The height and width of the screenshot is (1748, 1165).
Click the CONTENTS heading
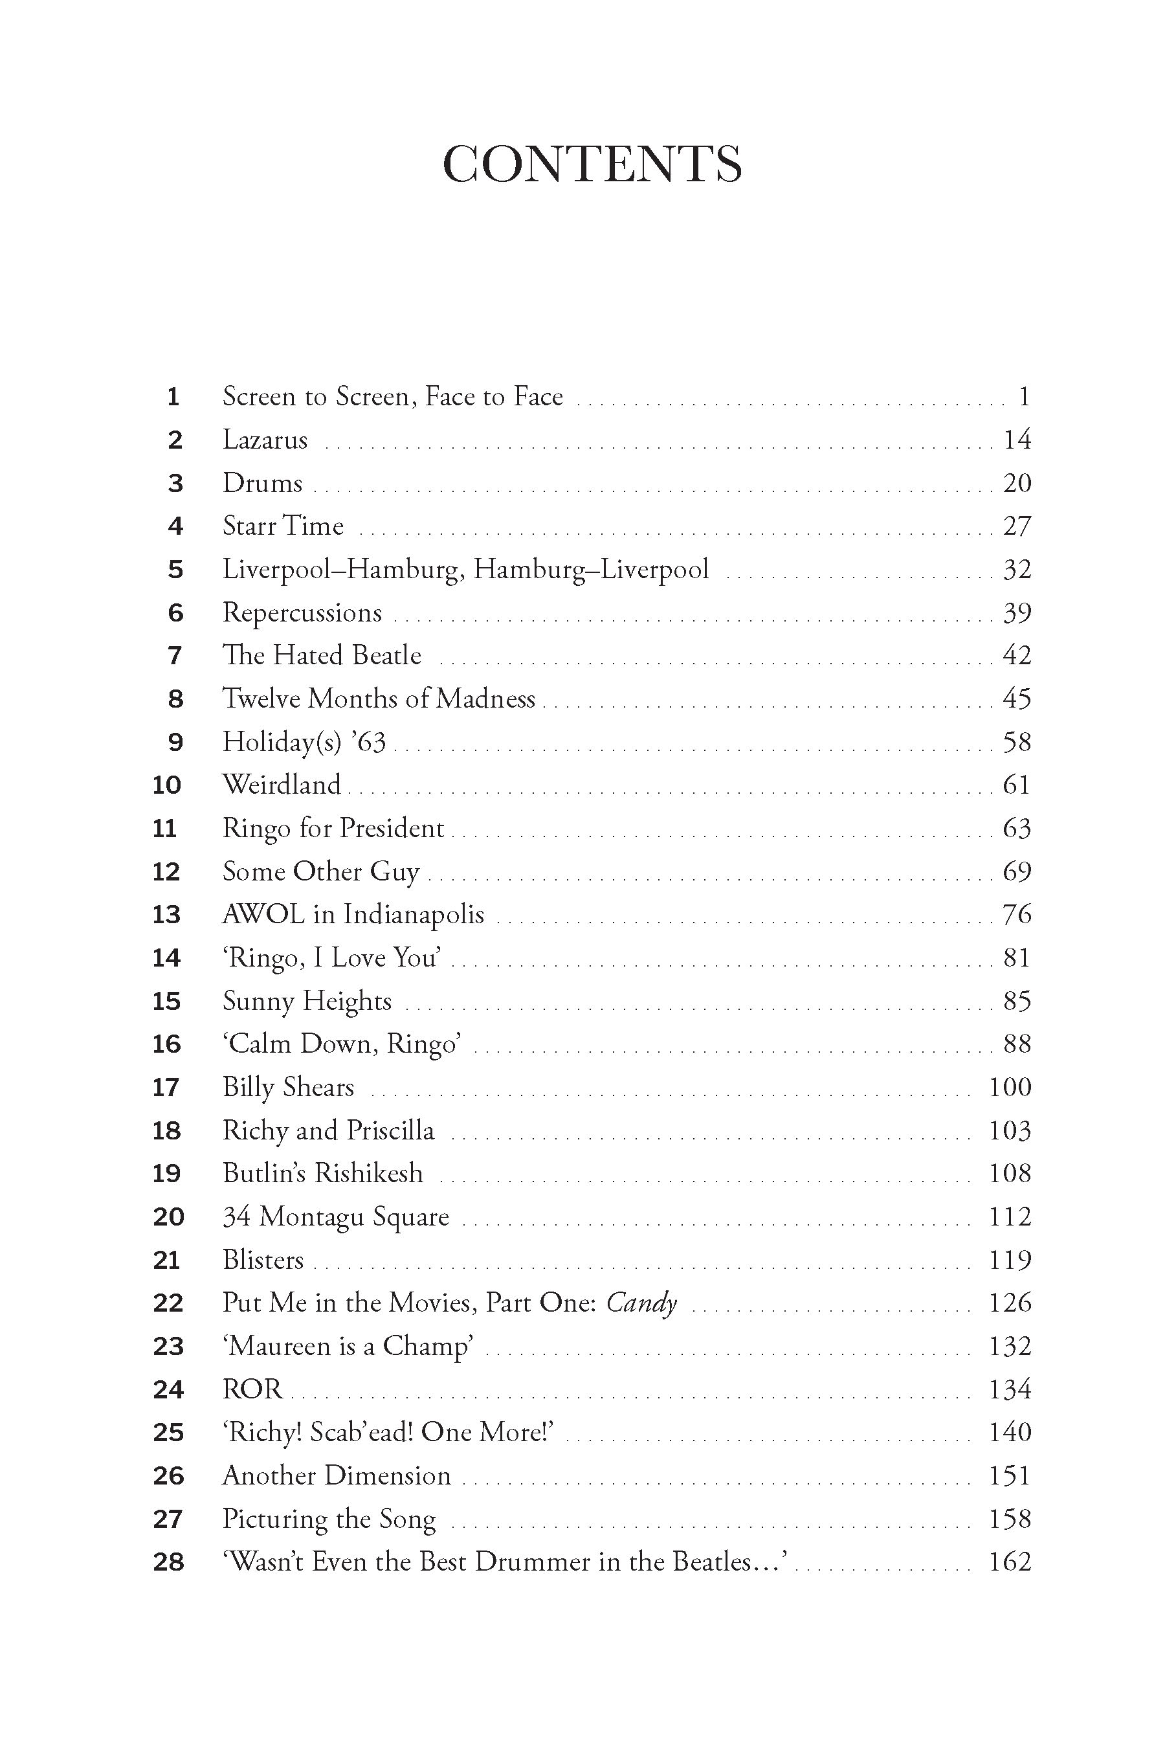point(592,164)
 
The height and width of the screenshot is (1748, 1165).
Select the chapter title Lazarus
point(265,440)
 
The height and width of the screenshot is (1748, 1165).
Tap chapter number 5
point(175,569)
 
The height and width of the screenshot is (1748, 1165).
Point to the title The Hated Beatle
point(322,655)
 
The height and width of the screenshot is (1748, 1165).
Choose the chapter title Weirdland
point(282,785)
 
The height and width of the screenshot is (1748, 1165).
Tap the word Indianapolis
point(414,914)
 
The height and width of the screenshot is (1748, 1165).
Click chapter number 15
point(166,1001)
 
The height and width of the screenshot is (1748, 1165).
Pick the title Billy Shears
point(288,1087)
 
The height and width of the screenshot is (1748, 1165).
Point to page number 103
point(1009,1130)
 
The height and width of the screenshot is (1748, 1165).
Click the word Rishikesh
point(368,1174)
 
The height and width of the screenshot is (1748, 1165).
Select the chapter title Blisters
point(263,1260)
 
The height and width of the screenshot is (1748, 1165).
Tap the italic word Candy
point(641,1303)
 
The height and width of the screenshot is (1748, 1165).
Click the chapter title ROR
point(252,1389)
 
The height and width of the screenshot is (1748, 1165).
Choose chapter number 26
point(168,1475)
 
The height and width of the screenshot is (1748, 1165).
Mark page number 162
point(1009,1562)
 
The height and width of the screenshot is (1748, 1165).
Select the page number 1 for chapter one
point(1023,397)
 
